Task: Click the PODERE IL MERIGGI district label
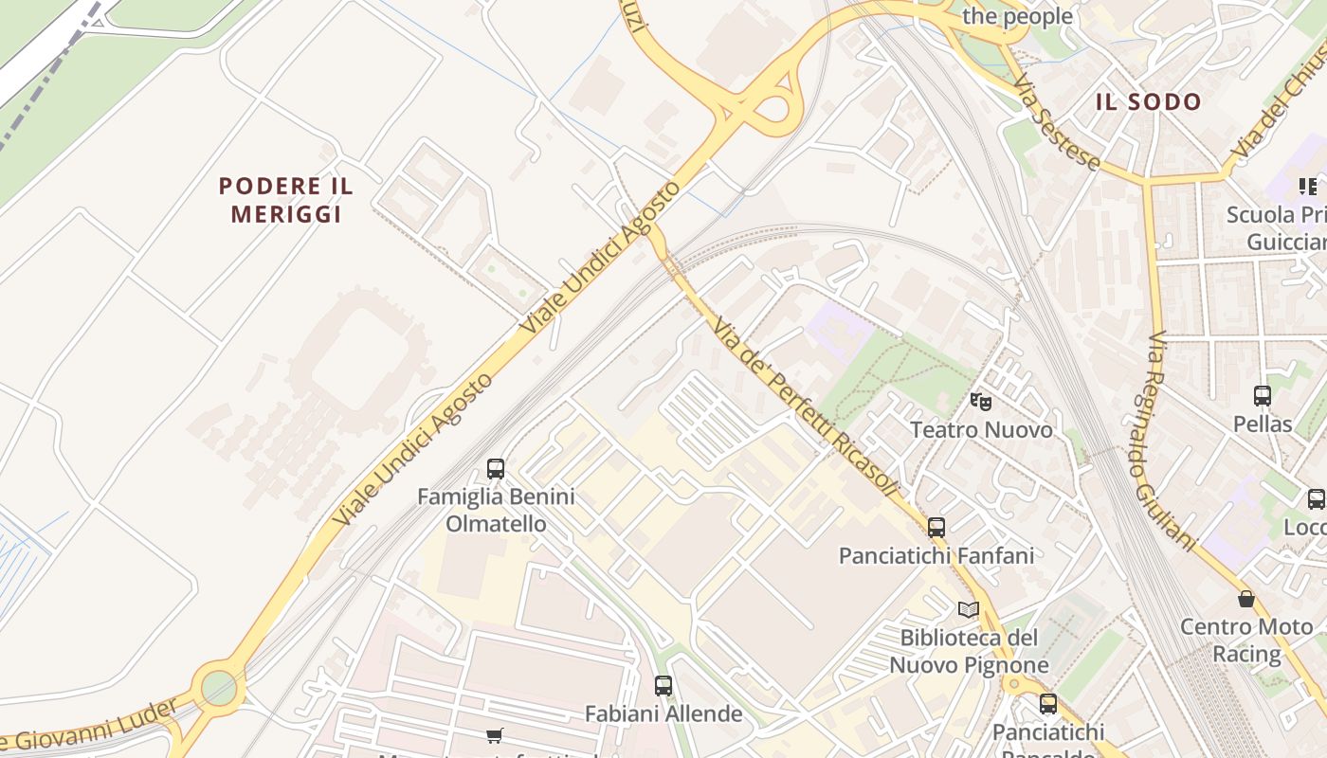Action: [x=285, y=200]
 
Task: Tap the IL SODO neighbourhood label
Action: [x=1148, y=102]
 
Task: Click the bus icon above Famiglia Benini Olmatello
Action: [x=496, y=468]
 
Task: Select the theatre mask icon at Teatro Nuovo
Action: [x=981, y=402]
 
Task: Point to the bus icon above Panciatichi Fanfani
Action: [x=936, y=528]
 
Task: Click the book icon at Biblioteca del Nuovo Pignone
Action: [x=968, y=609]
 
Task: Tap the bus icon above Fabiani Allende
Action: [x=663, y=685]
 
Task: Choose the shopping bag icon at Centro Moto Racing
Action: [x=1246, y=599]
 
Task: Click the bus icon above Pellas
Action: [x=1263, y=396]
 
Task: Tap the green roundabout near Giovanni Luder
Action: [x=219, y=687]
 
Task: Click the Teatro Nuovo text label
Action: [x=981, y=430]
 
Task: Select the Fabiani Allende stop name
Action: [x=663, y=713]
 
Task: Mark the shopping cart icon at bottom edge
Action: [x=494, y=735]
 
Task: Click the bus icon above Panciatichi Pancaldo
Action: [x=1047, y=704]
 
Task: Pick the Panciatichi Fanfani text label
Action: [x=936, y=555]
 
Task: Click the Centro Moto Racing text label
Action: [x=1246, y=640]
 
